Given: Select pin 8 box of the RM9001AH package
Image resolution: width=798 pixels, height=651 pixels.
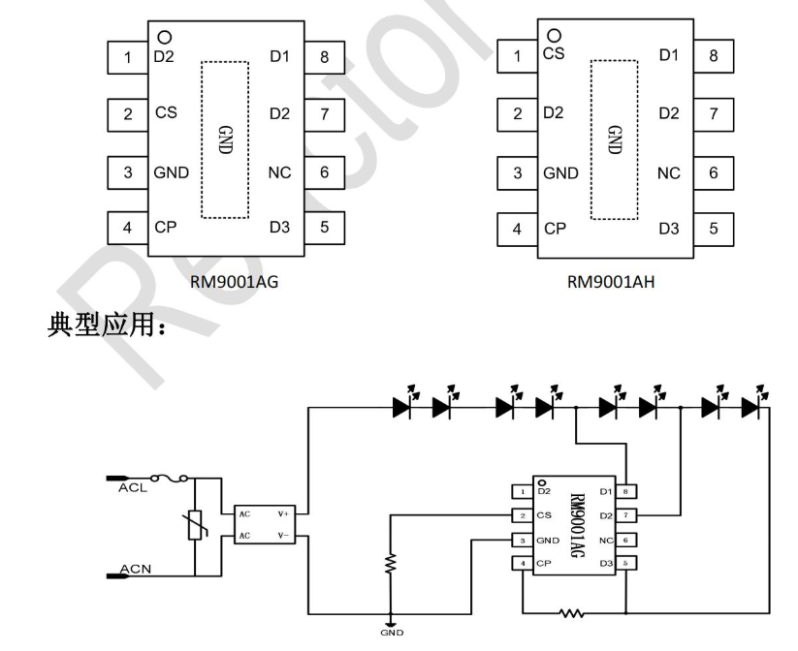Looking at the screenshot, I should [x=713, y=56].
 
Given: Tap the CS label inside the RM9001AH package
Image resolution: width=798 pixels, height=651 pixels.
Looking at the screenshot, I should [x=554, y=54].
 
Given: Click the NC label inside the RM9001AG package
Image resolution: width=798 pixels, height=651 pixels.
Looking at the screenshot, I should [x=278, y=173].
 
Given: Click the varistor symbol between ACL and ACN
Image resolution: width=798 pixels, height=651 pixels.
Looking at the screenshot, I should [x=197, y=526].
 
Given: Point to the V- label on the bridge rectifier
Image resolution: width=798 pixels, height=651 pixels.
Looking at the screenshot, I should [x=284, y=534].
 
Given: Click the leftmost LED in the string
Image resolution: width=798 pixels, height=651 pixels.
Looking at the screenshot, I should [x=402, y=407].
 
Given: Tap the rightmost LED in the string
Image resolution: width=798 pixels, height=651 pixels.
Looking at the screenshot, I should [x=750, y=407].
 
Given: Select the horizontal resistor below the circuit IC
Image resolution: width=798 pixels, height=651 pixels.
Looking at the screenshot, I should [x=571, y=613].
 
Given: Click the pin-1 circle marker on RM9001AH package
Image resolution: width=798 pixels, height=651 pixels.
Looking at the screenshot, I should [x=554, y=36].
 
